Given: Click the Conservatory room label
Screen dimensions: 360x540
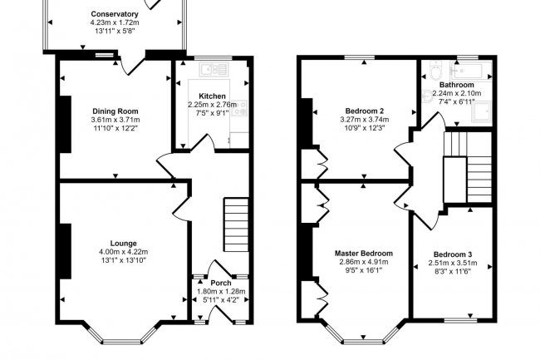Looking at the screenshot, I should tap(115, 15).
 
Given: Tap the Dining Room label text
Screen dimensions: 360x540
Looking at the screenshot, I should tap(115, 111).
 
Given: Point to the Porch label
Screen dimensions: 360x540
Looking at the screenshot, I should tap(220, 284).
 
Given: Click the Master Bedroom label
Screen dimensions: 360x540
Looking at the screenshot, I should tap(364, 253).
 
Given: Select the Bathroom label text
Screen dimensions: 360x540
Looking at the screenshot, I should tap(457, 85).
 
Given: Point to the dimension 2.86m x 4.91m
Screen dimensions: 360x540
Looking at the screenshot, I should tap(364, 262).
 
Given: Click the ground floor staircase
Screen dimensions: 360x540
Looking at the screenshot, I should tap(237, 221).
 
